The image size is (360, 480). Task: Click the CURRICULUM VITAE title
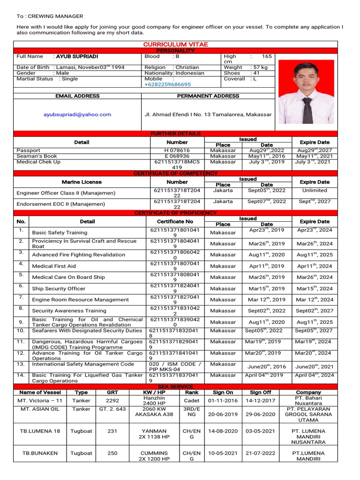click(x=175, y=44)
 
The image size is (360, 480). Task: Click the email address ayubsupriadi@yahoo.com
click(x=77, y=114)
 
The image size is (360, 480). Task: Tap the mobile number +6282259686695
click(x=167, y=84)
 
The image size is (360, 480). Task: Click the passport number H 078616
click(x=177, y=150)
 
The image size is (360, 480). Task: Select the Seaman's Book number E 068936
click(x=177, y=156)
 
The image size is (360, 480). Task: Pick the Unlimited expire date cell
click(x=315, y=190)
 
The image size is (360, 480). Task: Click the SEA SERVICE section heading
click(x=175, y=386)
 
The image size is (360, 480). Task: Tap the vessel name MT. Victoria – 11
click(x=40, y=401)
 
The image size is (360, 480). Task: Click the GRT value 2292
click(x=112, y=401)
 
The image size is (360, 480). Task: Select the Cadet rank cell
click(x=191, y=401)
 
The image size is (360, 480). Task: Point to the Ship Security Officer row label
click(x=59, y=289)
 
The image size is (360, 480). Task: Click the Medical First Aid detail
click(x=54, y=266)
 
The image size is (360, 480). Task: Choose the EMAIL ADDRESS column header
click(x=77, y=96)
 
